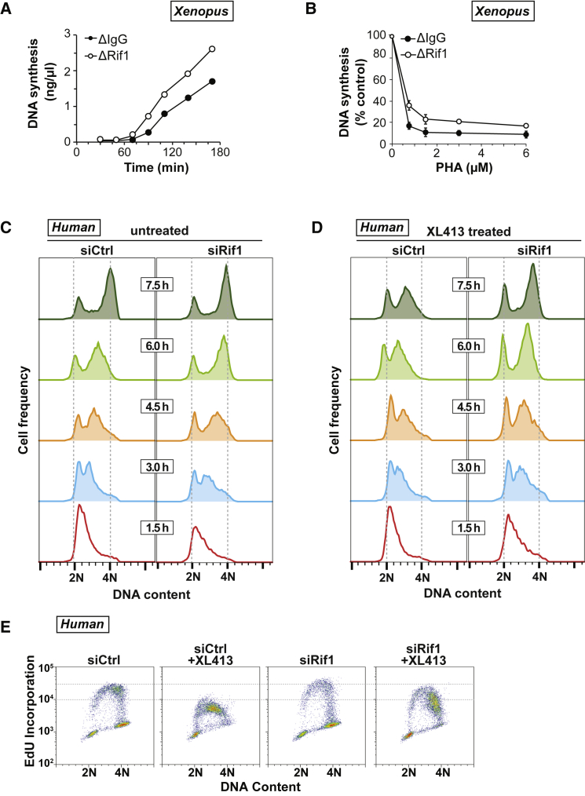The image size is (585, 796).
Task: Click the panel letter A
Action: click(x=9, y=10)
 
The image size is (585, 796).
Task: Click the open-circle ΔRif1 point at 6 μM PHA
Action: click(x=526, y=126)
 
